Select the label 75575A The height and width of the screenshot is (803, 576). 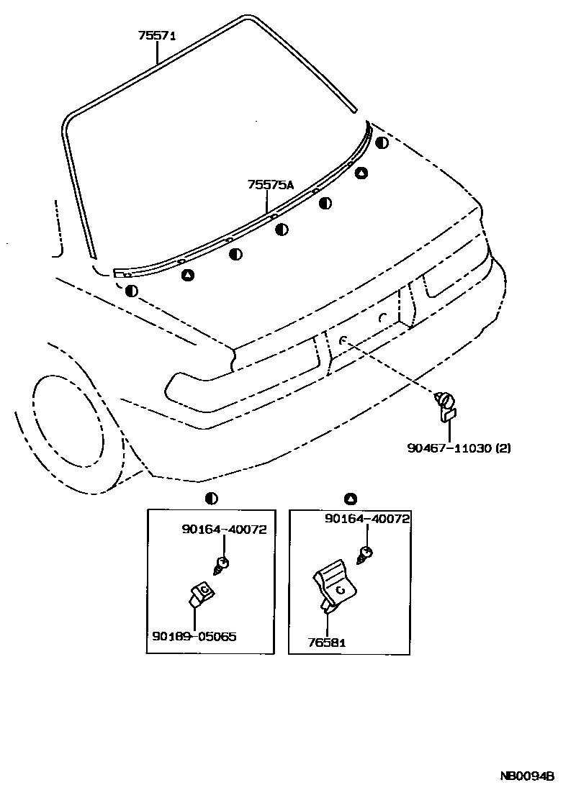pyautogui.click(x=271, y=185)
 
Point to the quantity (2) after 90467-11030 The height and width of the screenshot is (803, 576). pyautogui.click(x=503, y=448)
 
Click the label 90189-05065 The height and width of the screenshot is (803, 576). pyautogui.click(x=194, y=636)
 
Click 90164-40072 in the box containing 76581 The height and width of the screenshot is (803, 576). pyautogui.click(x=367, y=518)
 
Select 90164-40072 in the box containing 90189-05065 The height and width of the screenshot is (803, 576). pyautogui.click(x=224, y=530)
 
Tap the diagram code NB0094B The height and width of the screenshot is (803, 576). pyautogui.click(x=527, y=776)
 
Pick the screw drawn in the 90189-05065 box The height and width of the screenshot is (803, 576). pyautogui.click(x=222, y=566)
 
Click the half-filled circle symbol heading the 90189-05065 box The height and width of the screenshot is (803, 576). pyautogui.click(x=211, y=498)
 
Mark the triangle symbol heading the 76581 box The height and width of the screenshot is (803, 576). pyautogui.click(x=351, y=498)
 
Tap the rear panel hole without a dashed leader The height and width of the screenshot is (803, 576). pyautogui.click(x=384, y=317)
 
